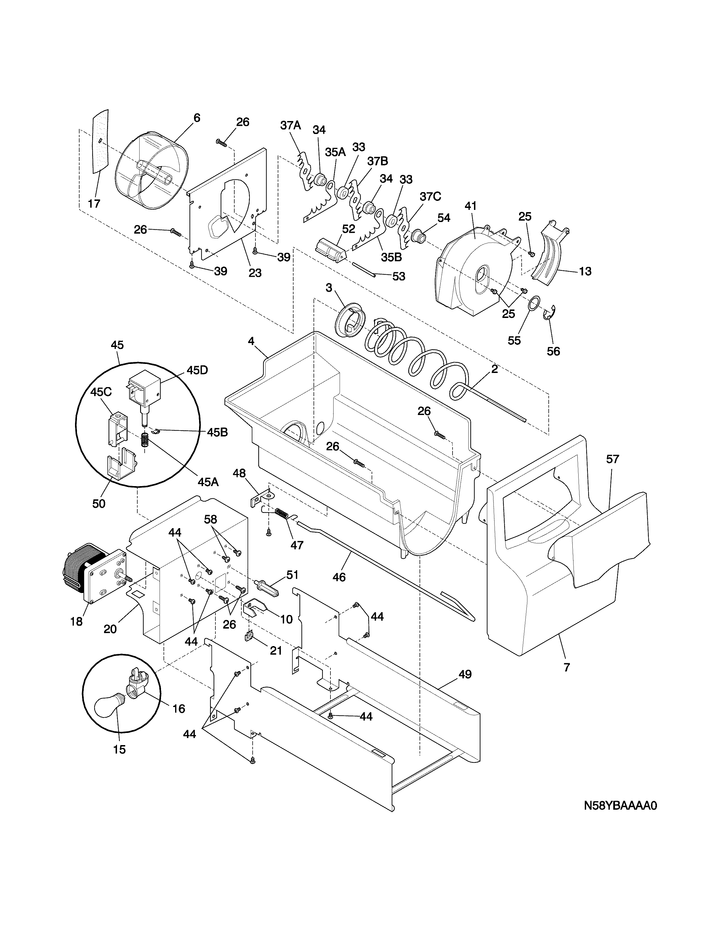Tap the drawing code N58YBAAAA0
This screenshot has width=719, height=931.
click(620, 806)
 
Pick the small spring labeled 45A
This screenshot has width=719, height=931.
click(145, 440)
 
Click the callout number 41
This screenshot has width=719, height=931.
click(470, 206)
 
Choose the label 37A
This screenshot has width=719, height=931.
click(290, 125)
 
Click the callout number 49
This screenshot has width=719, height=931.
click(465, 674)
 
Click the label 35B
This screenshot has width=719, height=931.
click(391, 257)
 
